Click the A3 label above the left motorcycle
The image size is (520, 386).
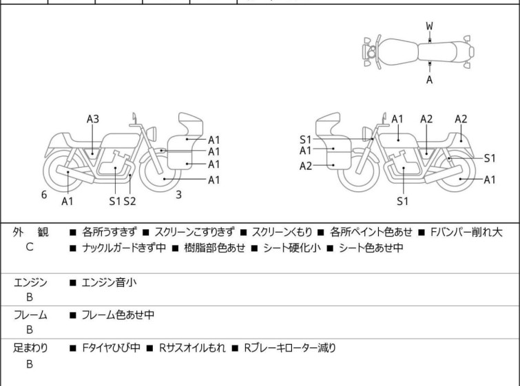(x=93, y=119)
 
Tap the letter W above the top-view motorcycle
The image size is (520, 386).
(x=429, y=26)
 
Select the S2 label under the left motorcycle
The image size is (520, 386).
(x=129, y=201)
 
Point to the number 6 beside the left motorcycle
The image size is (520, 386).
(x=44, y=195)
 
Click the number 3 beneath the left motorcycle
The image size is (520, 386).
(x=178, y=195)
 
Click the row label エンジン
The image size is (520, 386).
(x=30, y=281)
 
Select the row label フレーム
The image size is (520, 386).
(x=30, y=314)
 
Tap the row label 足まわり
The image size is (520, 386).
(x=30, y=348)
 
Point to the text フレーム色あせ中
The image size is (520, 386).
(x=118, y=314)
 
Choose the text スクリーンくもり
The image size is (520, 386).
(x=282, y=233)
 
